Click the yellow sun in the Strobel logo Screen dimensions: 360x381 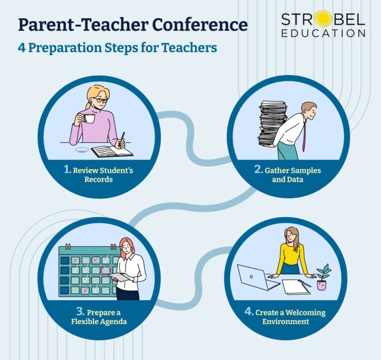323,19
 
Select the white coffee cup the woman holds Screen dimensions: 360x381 89,119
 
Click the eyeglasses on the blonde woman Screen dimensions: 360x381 101,100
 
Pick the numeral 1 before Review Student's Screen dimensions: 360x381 67,170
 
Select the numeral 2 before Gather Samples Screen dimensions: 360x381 258,170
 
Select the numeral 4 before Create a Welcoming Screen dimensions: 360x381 249,312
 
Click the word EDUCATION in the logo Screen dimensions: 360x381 323,34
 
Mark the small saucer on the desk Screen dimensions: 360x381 82,149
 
